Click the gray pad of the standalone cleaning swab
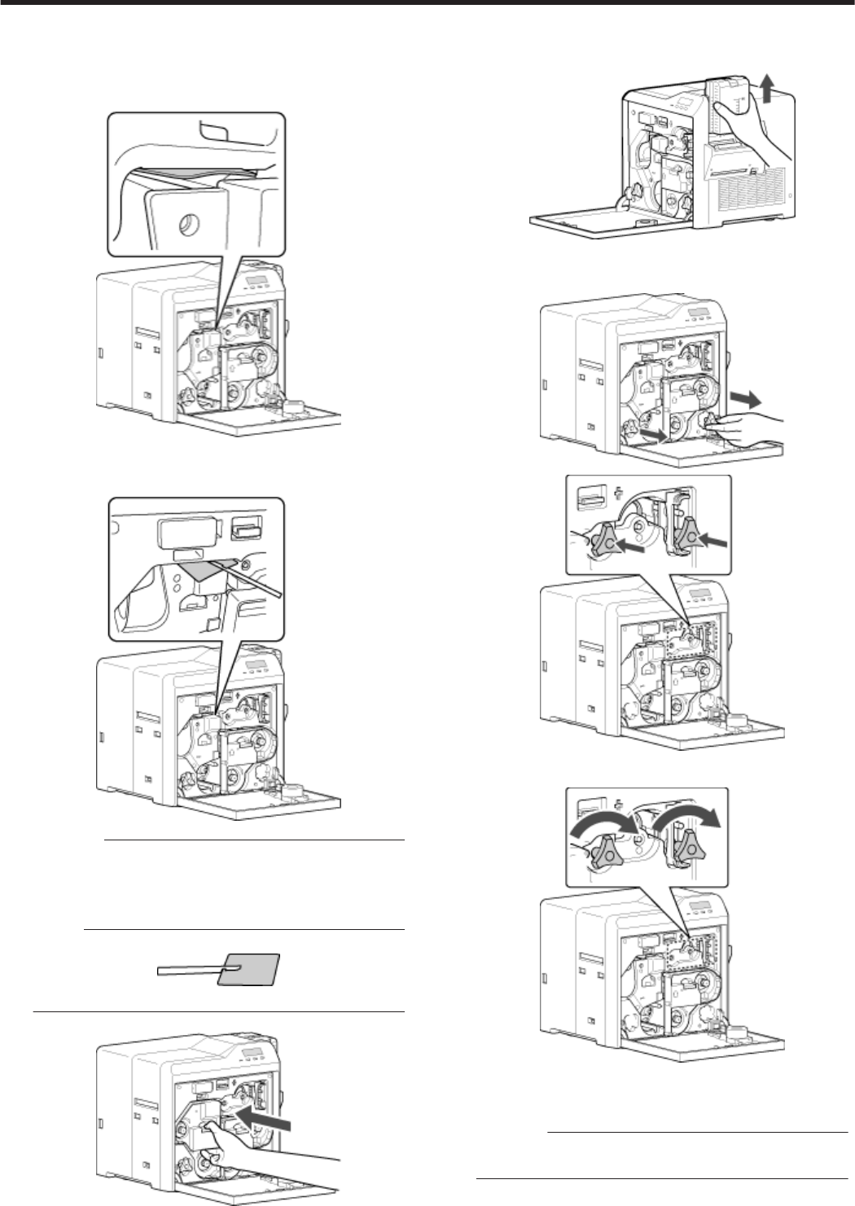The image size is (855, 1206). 251,969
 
